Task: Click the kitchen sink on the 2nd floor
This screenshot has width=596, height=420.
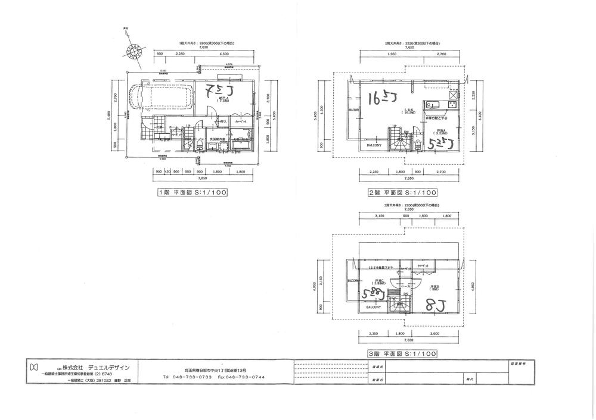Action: coord(432,105)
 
